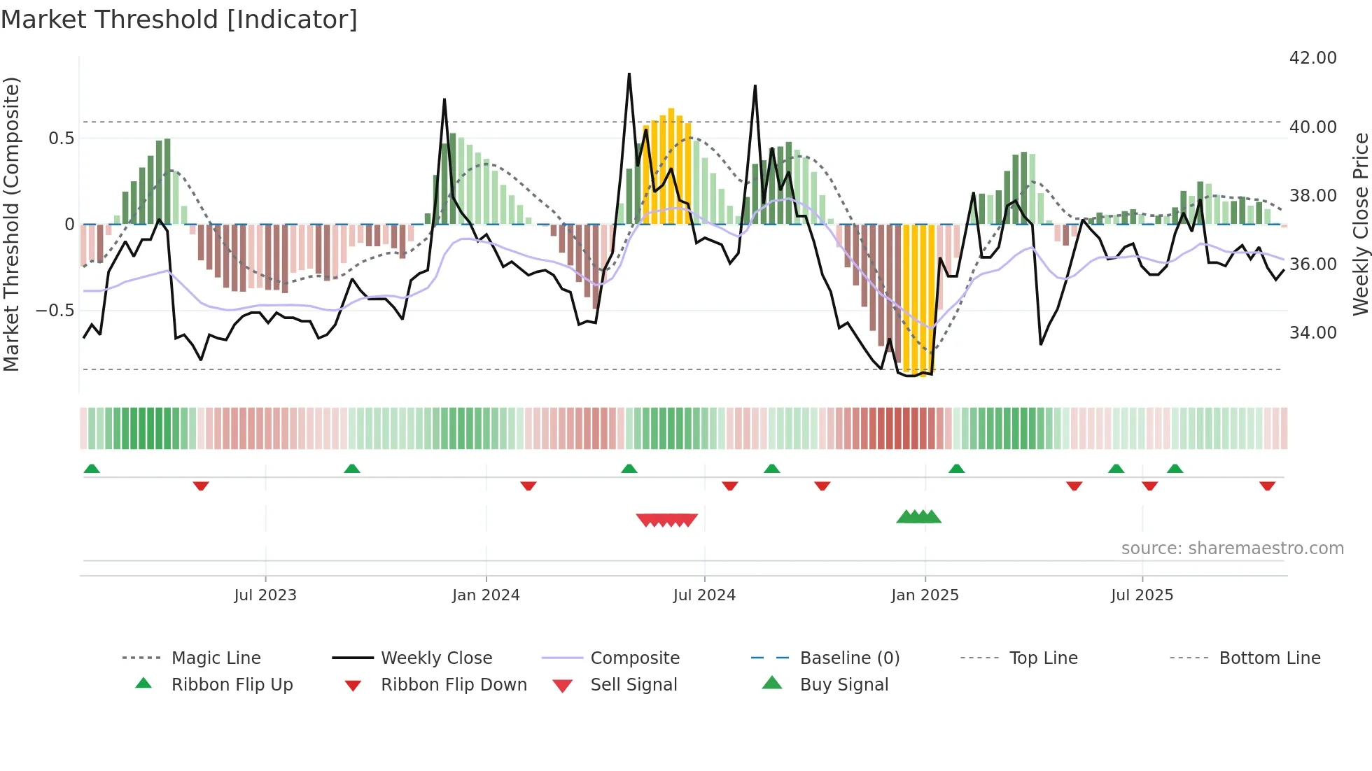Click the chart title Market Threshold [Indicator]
(179, 20)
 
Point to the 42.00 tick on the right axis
(1312, 58)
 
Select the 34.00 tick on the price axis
(1312, 332)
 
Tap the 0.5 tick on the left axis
(61, 139)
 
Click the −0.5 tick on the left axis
(55, 310)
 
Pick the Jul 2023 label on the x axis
(265, 595)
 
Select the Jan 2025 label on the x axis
(925, 595)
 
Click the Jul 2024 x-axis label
(704, 595)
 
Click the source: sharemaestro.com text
(1232, 549)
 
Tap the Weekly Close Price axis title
(1360, 224)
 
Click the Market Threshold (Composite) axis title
(11, 224)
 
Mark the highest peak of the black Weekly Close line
(629, 74)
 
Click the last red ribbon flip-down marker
(1267, 486)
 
